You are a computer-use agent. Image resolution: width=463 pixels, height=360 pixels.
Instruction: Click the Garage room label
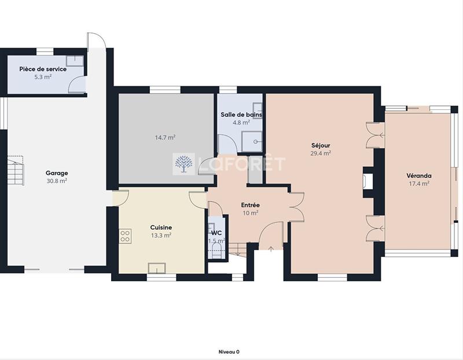pyautogui.click(x=57, y=172)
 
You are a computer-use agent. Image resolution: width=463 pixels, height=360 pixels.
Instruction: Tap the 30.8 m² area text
pyautogui.click(x=57, y=181)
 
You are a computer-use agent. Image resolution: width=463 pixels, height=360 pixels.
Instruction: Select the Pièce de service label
pyautogui.click(x=43, y=69)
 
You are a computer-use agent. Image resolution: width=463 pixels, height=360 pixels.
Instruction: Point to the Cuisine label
pyautogui.click(x=160, y=227)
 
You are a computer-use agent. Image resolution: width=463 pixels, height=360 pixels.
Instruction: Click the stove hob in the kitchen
pyautogui.click(x=125, y=236)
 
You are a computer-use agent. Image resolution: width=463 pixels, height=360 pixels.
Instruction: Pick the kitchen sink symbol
pyautogui.click(x=157, y=267)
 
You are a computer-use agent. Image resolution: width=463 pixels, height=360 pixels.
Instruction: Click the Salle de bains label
pyautogui.click(x=241, y=115)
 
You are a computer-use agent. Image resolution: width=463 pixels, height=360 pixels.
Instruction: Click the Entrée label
pyautogui.click(x=250, y=205)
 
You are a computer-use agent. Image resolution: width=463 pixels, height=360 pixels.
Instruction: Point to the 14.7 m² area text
pyautogui.click(x=165, y=138)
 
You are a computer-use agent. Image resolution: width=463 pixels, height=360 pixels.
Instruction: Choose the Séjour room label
pyautogui.click(x=320, y=145)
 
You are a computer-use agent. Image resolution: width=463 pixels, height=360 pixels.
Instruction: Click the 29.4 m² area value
pyautogui.click(x=320, y=153)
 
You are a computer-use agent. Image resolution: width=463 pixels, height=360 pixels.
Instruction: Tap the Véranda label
pyautogui.click(x=419, y=175)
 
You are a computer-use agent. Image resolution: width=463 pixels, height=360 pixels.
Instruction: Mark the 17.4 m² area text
pyautogui.click(x=419, y=183)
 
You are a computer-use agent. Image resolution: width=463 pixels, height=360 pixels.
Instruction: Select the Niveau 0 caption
pyautogui.click(x=229, y=351)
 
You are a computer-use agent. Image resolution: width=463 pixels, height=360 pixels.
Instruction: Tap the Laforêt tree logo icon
pyautogui.click(x=185, y=164)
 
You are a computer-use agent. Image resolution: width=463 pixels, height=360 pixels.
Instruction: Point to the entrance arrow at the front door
pyautogui.click(x=271, y=248)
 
